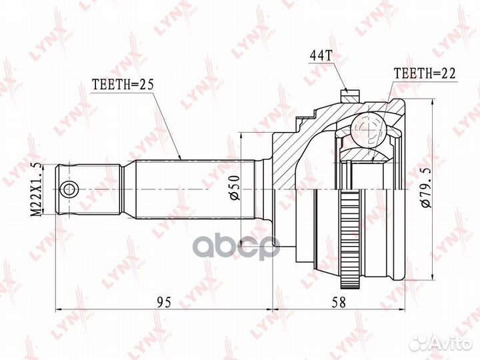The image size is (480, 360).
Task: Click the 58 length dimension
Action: (x=340, y=302)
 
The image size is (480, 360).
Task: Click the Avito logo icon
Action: (x=421, y=343)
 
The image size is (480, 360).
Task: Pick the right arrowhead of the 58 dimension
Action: (x=403, y=309)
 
